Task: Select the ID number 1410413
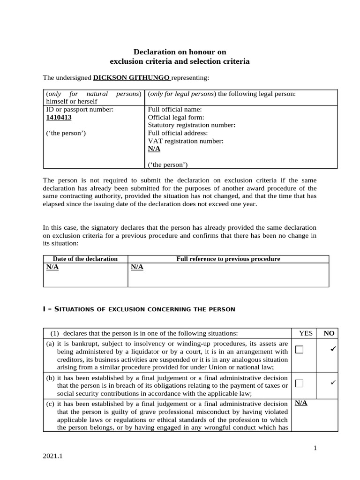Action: coord(59,117)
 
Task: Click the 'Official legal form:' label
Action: coord(176,117)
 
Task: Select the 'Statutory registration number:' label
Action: coord(192,125)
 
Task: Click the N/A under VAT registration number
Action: coord(154,149)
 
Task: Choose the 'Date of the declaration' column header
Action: coord(85,259)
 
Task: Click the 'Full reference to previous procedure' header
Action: coord(228,259)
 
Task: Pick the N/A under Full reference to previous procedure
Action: coord(137,267)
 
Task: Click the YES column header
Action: coord(306,333)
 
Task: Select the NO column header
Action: coord(329,333)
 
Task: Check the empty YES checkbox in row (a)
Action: coord(300,350)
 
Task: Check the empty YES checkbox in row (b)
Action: coord(300,383)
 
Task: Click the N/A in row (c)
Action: coord(301,403)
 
